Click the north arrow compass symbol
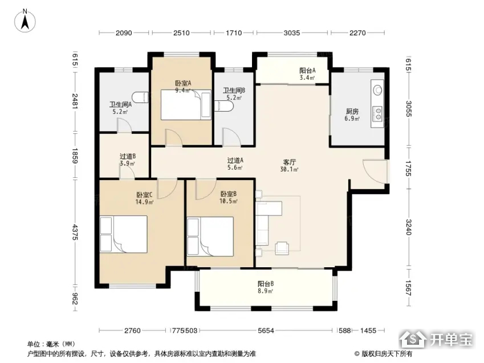(x=25, y=21)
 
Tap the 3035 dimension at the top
(x=292, y=32)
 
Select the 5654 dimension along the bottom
(x=266, y=331)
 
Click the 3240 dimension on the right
(x=409, y=227)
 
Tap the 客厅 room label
(x=290, y=162)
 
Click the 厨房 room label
(x=352, y=111)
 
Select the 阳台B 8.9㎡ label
(x=266, y=287)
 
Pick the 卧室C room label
(x=144, y=195)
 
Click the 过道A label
(x=235, y=160)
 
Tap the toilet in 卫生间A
(x=140, y=97)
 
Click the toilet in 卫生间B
(x=225, y=106)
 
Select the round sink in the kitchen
(x=377, y=90)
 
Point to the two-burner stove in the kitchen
(x=377, y=113)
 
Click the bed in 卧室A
(x=186, y=105)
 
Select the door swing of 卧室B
(x=206, y=190)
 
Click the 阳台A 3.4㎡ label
(x=307, y=74)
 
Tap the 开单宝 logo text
(x=452, y=340)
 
